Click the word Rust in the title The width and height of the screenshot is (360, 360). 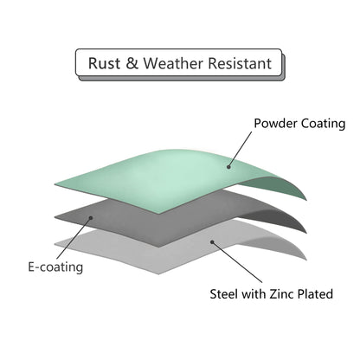pyautogui.click(x=104, y=63)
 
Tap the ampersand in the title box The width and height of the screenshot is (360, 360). pyautogui.click(x=132, y=63)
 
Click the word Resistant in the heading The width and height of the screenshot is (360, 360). pyautogui.click(x=240, y=63)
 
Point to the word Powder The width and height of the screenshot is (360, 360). pyautogui.click(x=276, y=124)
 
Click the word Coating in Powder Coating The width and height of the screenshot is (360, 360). pyautogui.click(x=323, y=124)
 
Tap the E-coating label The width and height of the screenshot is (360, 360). pyautogui.click(x=55, y=267)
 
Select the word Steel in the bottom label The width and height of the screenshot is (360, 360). pyautogui.click(x=224, y=294)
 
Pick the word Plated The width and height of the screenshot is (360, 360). pyautogui.click(x=315, y=294)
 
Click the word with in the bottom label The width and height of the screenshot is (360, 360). pyautogui.click(x=254, y=294)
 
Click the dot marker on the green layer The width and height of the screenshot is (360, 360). pyautogui.click(x=228, y=167)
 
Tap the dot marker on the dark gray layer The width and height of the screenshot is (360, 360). pyautogui.click(x=91, y=218)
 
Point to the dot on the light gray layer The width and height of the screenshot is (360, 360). pyautogui.click(x=212, y=242)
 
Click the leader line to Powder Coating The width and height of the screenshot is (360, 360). pyautogui.click(x=240, y=149)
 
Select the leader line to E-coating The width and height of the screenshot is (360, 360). pyautogui.click(x=74, y=238)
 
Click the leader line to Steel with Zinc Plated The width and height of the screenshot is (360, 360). pyautogui.click(x=237, y=262)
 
